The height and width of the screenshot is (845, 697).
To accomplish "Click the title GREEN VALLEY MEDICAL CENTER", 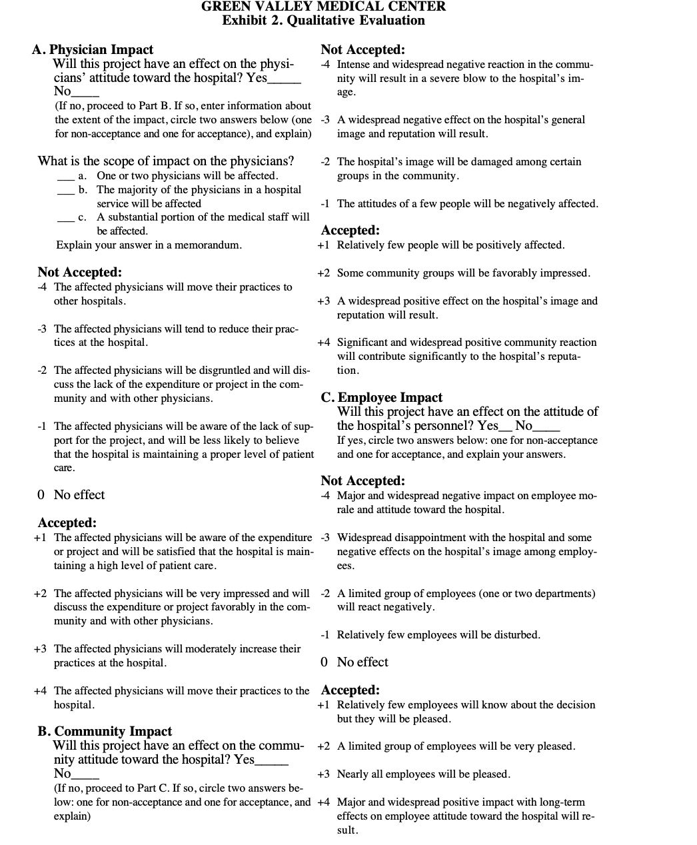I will pos(323,7).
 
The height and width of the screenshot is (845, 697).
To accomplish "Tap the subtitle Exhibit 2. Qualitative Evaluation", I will pos(323,21).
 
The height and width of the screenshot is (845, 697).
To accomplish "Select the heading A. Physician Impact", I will pos(93,50).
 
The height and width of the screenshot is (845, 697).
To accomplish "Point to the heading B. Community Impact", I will pos(105,731).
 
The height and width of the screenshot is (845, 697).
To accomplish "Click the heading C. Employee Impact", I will pos(381,398).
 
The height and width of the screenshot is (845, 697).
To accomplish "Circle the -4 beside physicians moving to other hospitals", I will pos(43,287).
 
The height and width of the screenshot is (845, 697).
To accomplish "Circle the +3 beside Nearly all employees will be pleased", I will pos(324,774).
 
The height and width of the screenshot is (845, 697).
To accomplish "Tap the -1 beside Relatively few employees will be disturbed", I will pos(325,635).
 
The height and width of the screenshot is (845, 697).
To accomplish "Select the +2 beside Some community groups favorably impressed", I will pos(324,273).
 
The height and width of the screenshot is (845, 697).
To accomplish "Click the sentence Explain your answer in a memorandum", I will pos(149,245).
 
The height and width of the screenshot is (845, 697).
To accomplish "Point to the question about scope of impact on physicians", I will pos(166,161).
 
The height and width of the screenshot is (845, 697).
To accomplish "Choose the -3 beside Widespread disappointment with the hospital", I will pos(325,538).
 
